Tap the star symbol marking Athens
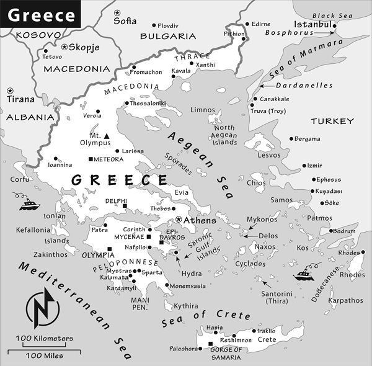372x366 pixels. (x=179, y=220)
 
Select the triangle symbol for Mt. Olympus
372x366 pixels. (x=107, y=135)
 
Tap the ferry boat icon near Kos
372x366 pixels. (x=304, y=274)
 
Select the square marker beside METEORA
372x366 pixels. (x=91, y=159)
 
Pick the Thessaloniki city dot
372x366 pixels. (x=126, y=103)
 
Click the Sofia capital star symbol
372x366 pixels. (x=117, y=12)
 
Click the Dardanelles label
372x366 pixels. (x=295, y=85)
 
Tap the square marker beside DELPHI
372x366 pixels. (x=125, y=206)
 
